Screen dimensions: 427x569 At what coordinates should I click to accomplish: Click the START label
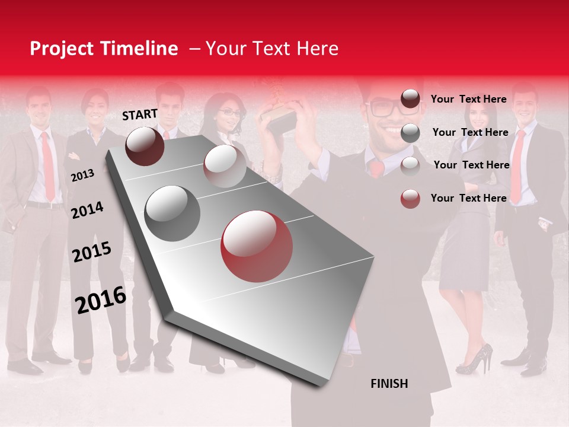coord(140,114)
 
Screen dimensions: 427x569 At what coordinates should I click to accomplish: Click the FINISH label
coord(389,384)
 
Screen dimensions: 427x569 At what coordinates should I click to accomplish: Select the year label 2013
coord(82,175)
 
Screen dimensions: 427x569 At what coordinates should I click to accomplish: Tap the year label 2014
coord(87,210)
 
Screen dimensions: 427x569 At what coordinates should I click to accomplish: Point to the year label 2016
coord(101,300)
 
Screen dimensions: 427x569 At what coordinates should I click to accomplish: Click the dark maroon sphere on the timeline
coord(145,146)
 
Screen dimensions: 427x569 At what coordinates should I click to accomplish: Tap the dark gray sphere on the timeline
coord(172,213)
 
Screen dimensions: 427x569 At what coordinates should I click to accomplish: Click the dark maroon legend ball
coord(410,99)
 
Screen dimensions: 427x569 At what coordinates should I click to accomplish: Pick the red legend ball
coord(410,199)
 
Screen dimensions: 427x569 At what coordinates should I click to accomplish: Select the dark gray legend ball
coord(410,133)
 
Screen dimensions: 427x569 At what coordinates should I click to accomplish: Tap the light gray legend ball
coord(410,165)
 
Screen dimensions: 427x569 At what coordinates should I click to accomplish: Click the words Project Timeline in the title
coord(104,49)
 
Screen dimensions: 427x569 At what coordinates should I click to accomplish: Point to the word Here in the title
coord(317,49)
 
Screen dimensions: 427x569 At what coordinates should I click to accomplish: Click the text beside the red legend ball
coord(468,198)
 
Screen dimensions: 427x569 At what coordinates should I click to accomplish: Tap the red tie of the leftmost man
coord(47,166)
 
